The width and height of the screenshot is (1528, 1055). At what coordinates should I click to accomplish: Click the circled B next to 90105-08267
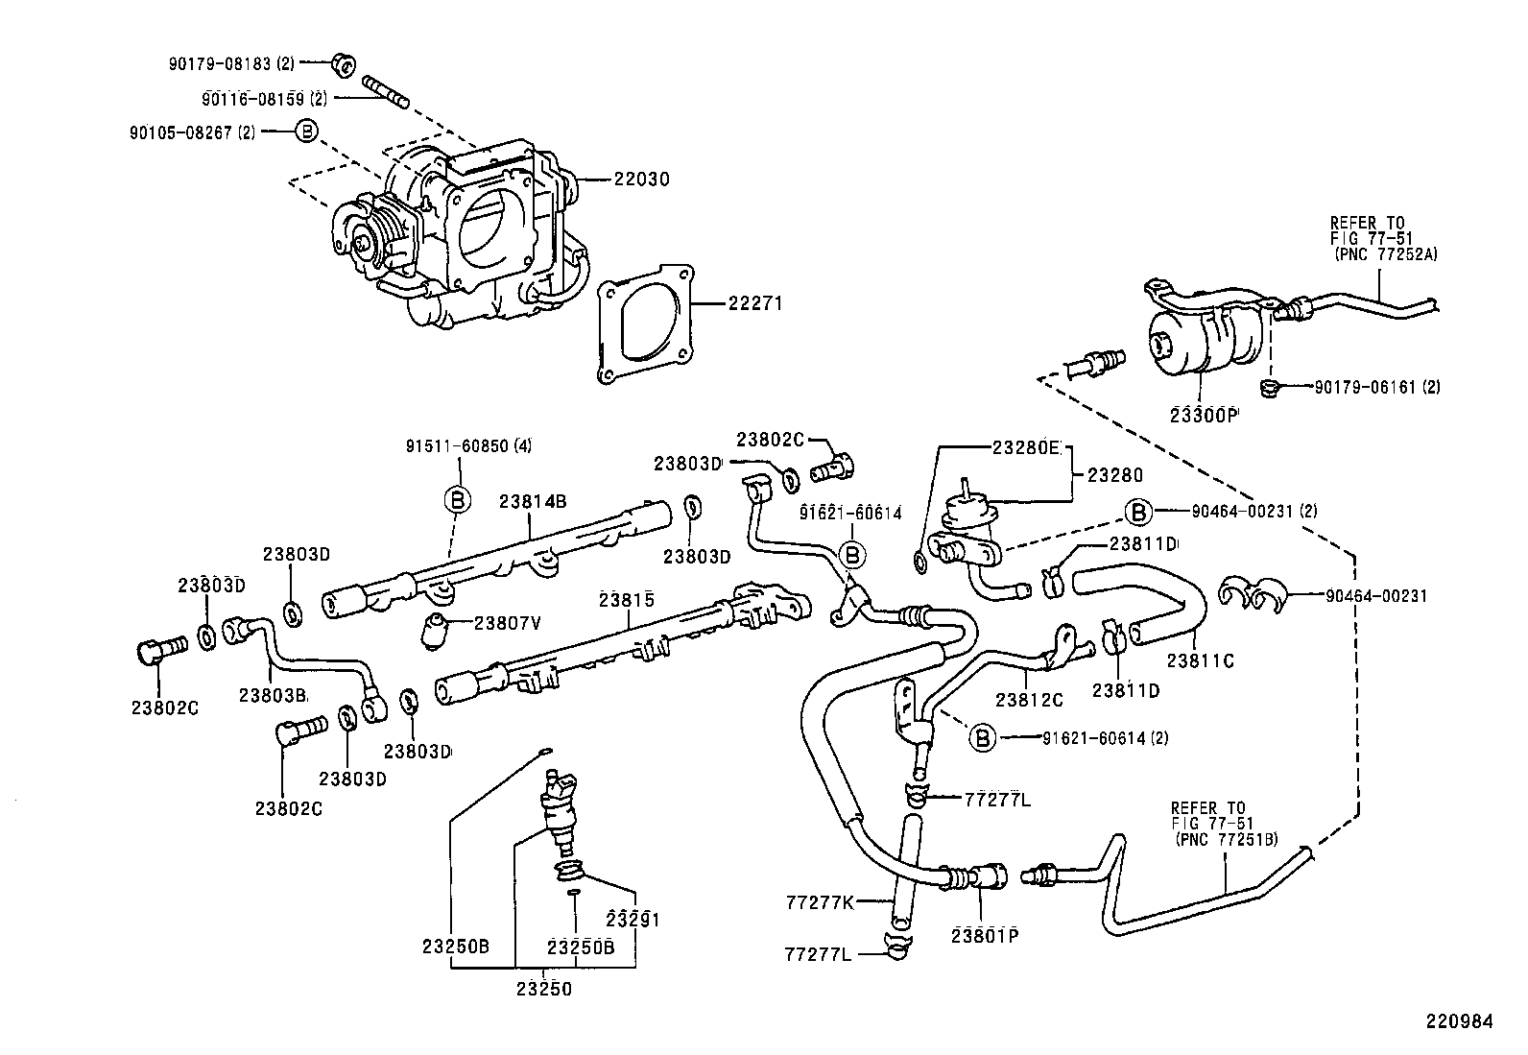coord(304,132)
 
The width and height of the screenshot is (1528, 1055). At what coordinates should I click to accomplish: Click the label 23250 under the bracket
coord(544,989)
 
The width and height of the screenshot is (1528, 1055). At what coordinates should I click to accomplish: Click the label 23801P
coord(984,934)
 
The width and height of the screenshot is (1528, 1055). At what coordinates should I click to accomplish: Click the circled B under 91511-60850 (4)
coord(459,498)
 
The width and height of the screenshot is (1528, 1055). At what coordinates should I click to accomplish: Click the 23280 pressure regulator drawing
coord(969,523)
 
